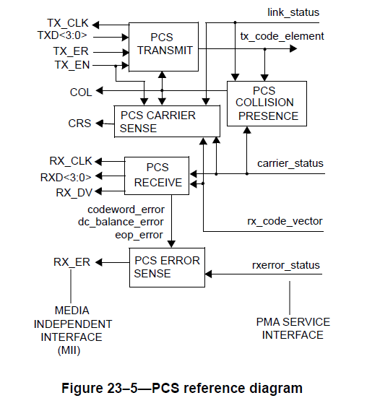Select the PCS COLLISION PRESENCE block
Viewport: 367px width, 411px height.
pos(266,104)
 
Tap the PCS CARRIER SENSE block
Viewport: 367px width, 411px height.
pos(166,121)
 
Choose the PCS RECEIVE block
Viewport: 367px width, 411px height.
pos(157,176)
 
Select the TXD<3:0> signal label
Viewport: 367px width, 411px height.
pos(63,35)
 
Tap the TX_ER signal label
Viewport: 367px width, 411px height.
pos(69,52)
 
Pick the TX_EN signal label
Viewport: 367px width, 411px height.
pos(69,66)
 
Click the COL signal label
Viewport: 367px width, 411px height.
pos(80,92)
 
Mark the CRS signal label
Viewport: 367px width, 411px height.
pos(79,124)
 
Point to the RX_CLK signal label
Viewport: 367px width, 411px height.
pos(70,160)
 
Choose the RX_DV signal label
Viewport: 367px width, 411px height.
pos(74,192)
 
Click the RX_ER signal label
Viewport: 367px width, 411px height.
pos(72,261)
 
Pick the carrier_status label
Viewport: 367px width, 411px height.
pos(290,163)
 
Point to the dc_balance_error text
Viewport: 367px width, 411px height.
pos(120,222)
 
